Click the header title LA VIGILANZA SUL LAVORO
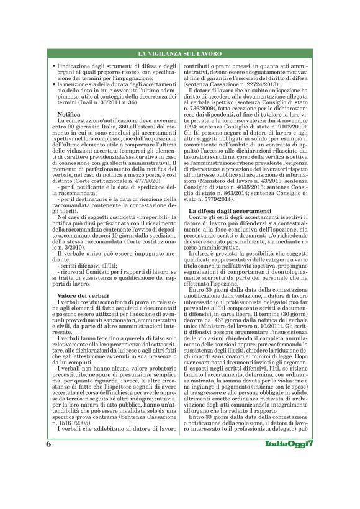179,55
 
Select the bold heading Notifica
68,115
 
